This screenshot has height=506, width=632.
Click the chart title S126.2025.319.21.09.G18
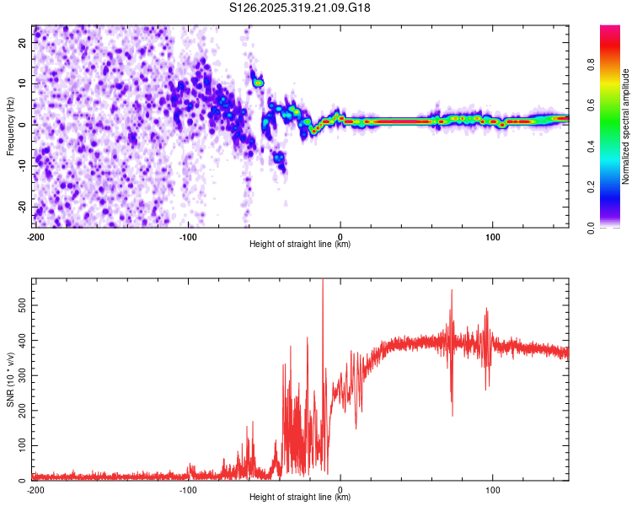coord(301,8)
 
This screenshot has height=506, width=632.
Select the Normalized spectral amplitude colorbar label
coord(626,126)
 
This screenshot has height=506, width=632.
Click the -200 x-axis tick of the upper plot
coord(35,236)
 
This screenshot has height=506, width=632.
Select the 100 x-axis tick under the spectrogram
coord(493,236)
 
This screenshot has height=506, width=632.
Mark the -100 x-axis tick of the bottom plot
coord(188,489)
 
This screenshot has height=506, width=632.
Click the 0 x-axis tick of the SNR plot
coord(340,489)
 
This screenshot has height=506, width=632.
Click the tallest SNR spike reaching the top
coord(323,283)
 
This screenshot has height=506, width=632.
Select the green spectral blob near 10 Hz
coord(259,83)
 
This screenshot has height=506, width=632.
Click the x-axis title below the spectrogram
coord(301,245)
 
